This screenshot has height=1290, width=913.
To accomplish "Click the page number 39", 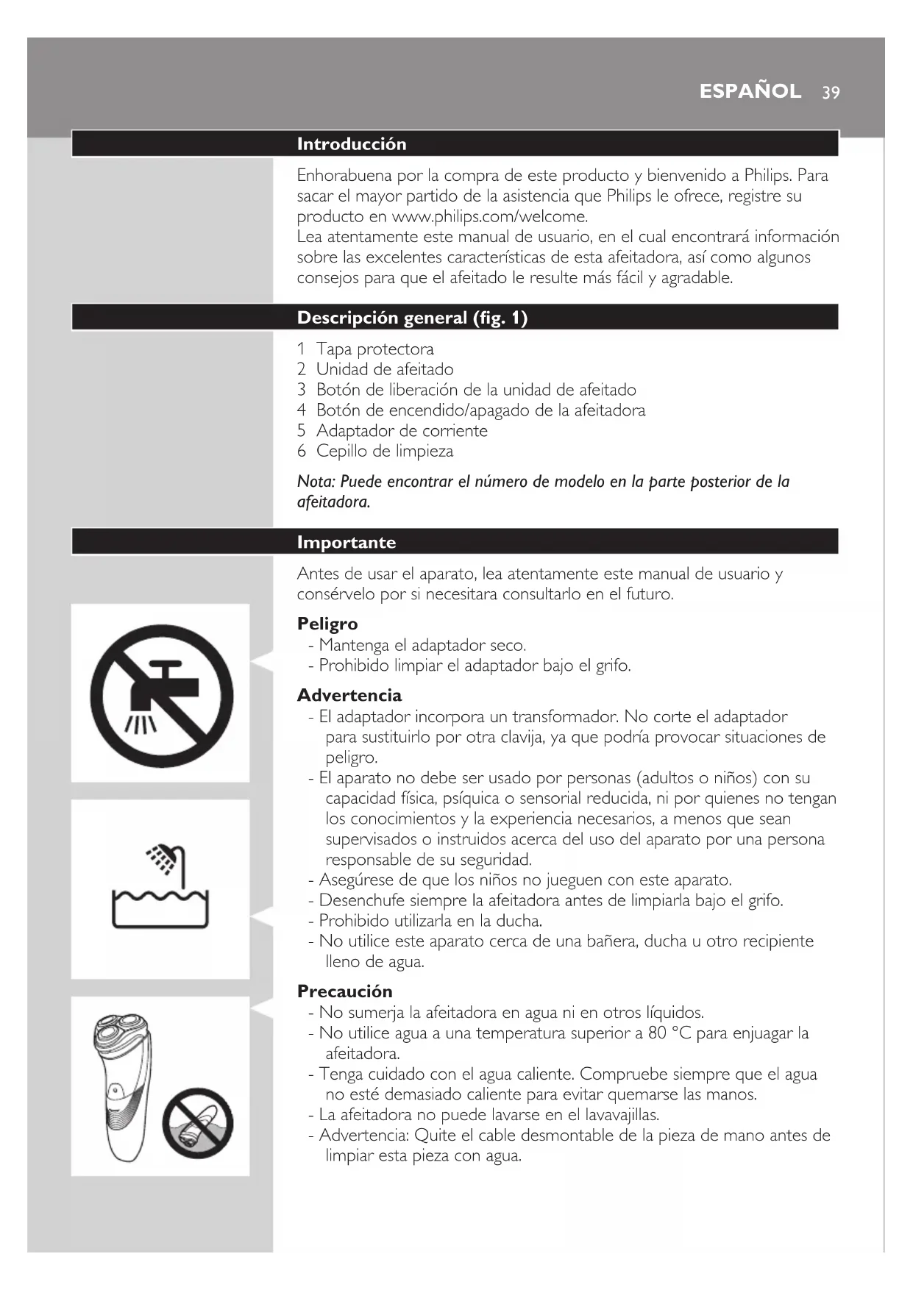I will pos(831,93).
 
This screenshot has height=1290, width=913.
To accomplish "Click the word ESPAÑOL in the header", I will pos(750,91).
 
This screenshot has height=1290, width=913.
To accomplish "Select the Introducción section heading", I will pos(351,144).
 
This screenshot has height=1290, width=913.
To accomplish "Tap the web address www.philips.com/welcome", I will pos(489,217).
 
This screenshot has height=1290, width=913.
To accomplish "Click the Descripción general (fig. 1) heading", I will pos(412,318).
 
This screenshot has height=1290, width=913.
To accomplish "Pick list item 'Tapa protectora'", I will pos(374,349).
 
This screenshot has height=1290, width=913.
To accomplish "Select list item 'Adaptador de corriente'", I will pos(402,431).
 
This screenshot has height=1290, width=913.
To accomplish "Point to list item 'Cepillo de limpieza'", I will pos(384,452).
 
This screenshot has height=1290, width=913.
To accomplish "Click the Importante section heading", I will pos(346,543).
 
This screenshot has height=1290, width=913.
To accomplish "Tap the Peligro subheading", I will pos(327,624).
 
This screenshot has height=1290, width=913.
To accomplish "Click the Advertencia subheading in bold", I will pos(349,696).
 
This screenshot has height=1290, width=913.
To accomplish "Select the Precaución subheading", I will pos(344,991).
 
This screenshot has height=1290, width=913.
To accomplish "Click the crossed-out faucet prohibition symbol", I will pos(161,695).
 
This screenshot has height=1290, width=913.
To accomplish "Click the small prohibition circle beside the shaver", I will pos(197,1123).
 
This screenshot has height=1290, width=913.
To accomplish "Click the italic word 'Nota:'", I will pos(316,482).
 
